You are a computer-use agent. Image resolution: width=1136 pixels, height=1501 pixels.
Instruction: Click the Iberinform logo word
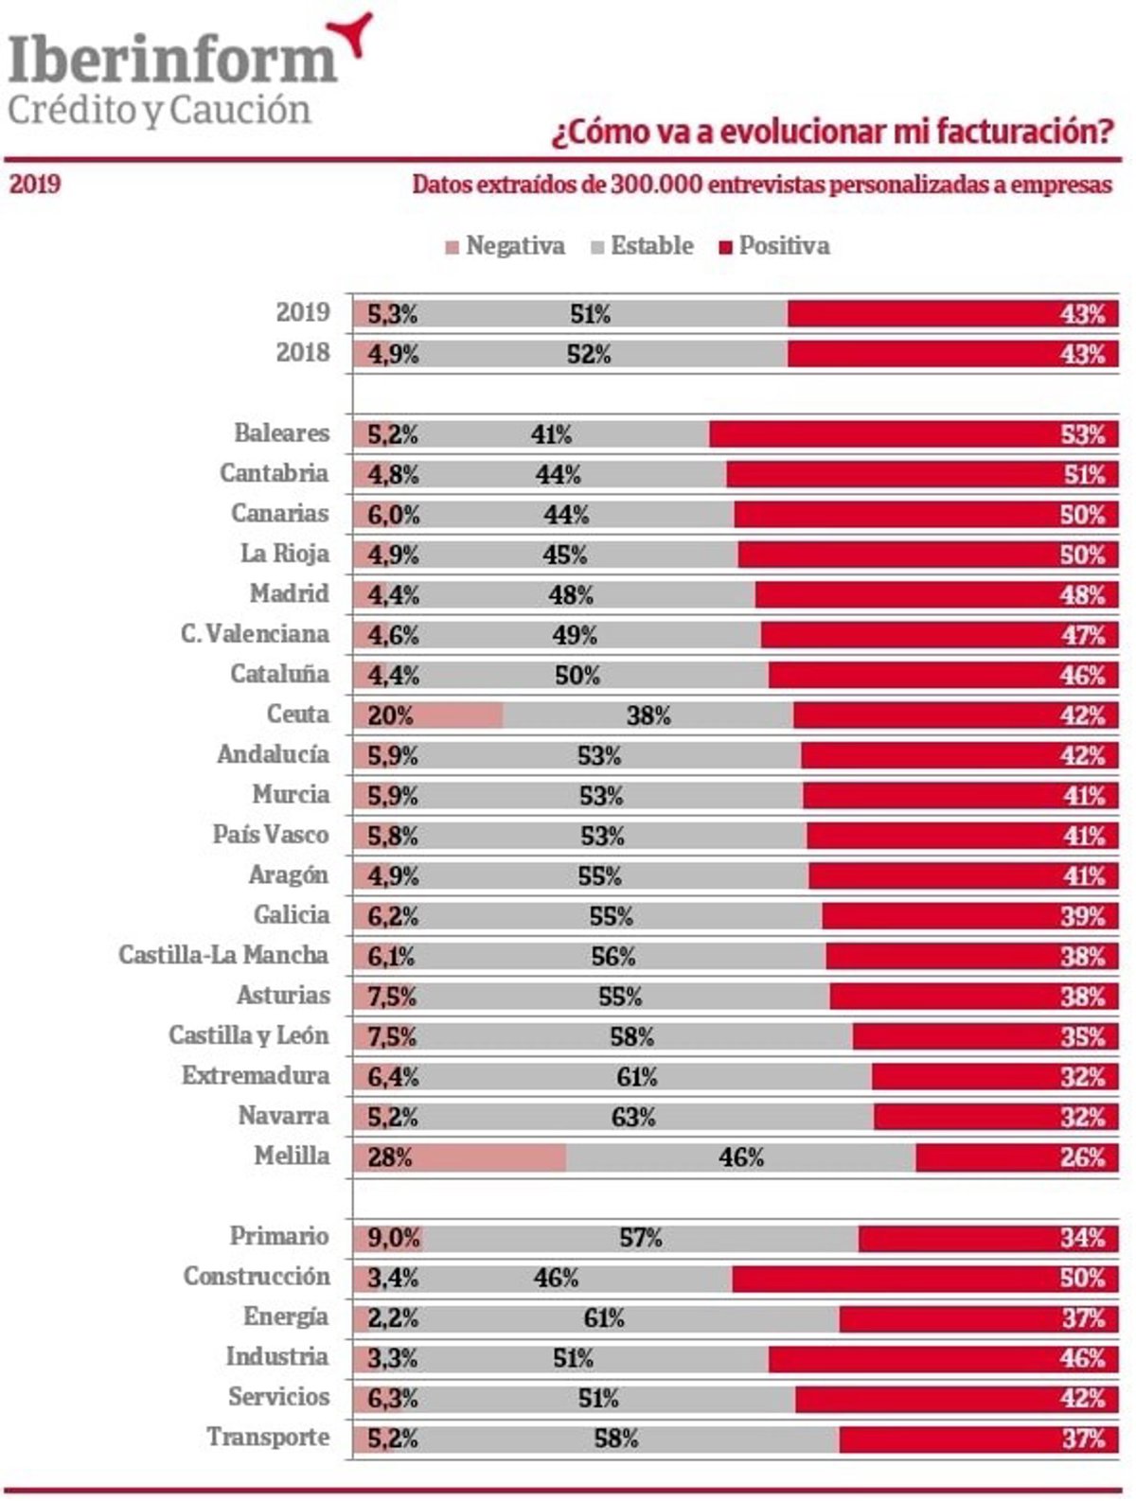172,59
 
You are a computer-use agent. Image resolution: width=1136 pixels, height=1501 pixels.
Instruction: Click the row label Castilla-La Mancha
223,955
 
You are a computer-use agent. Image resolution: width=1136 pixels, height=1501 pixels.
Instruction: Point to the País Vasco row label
271,835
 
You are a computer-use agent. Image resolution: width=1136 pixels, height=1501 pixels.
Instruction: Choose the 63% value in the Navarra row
633,1118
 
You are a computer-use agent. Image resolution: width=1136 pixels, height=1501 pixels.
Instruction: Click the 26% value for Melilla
1082,1157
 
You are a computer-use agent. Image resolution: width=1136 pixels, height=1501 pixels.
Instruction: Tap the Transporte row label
269,1438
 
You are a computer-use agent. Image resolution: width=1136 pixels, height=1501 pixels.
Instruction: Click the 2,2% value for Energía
392,1318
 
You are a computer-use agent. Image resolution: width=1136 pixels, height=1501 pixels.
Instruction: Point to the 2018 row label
303,353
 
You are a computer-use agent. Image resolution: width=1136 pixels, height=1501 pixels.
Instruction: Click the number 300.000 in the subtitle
654,185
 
